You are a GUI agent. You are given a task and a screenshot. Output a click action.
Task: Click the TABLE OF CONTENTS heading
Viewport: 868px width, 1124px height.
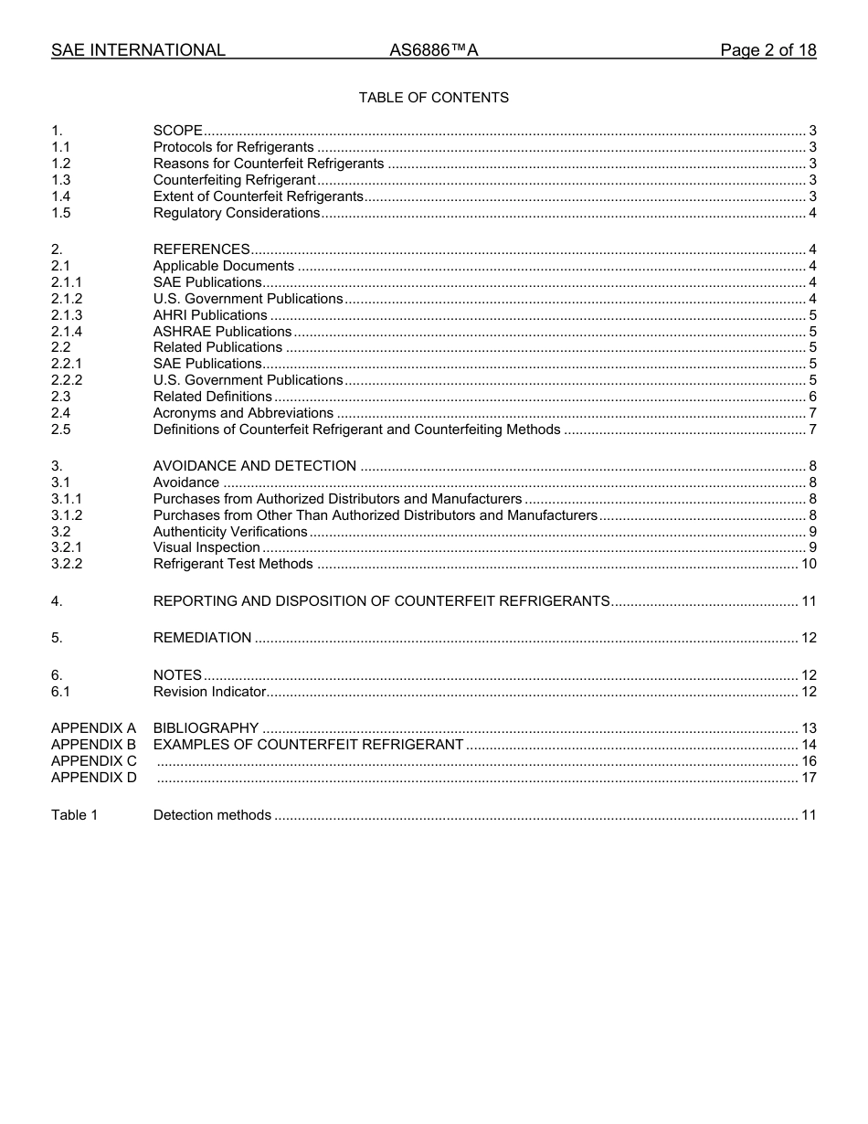click(x=433, y=98)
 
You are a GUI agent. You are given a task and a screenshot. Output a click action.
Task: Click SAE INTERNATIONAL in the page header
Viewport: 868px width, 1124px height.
click(x=138, y=50)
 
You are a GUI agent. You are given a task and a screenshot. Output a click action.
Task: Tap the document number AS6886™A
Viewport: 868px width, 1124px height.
click(x=433, y=50)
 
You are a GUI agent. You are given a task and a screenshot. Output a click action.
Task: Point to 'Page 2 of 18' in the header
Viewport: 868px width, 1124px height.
click(x=767, y=50)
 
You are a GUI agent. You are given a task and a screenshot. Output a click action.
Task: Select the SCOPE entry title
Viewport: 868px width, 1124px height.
click(x=177, y=132)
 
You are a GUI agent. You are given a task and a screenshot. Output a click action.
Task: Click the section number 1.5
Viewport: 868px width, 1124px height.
click(x=60, y=213)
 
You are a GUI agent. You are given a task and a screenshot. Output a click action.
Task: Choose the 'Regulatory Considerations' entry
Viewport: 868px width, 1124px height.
click(x=236, y=213)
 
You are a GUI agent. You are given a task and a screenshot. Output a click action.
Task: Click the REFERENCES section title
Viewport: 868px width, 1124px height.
click(x=201, y=249)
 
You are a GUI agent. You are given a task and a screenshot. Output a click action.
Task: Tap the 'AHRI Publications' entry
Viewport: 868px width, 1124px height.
click(x=210, y=315)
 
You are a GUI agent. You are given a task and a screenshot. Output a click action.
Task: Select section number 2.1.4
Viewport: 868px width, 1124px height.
click(x=67, y=332)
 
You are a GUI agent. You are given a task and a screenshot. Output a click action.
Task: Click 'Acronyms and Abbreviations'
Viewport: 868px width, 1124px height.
click(x=243, y=413)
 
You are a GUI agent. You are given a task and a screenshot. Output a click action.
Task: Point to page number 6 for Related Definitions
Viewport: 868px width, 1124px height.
click(x=812, y=397)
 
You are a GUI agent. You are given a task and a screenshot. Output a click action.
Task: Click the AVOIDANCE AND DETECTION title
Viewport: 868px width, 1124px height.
click(x=254, y=466)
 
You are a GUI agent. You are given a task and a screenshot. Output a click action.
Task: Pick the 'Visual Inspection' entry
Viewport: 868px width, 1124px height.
click(x=206, y=547)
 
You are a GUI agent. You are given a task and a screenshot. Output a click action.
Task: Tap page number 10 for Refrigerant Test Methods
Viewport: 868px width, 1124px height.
click(x=809, y=564)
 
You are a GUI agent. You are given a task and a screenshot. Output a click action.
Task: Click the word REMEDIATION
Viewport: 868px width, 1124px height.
click(x=202, y=638)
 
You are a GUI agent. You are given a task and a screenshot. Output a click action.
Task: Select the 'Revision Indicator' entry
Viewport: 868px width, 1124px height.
click(x=209, y=692)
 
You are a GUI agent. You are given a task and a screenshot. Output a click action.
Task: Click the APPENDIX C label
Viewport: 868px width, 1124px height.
click(x=93, y=761)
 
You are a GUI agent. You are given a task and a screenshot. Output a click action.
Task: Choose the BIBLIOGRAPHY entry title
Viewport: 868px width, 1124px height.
click(x=206, y=728)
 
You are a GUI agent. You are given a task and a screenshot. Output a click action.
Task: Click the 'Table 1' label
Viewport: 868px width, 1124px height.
click(x=74, y=815)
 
